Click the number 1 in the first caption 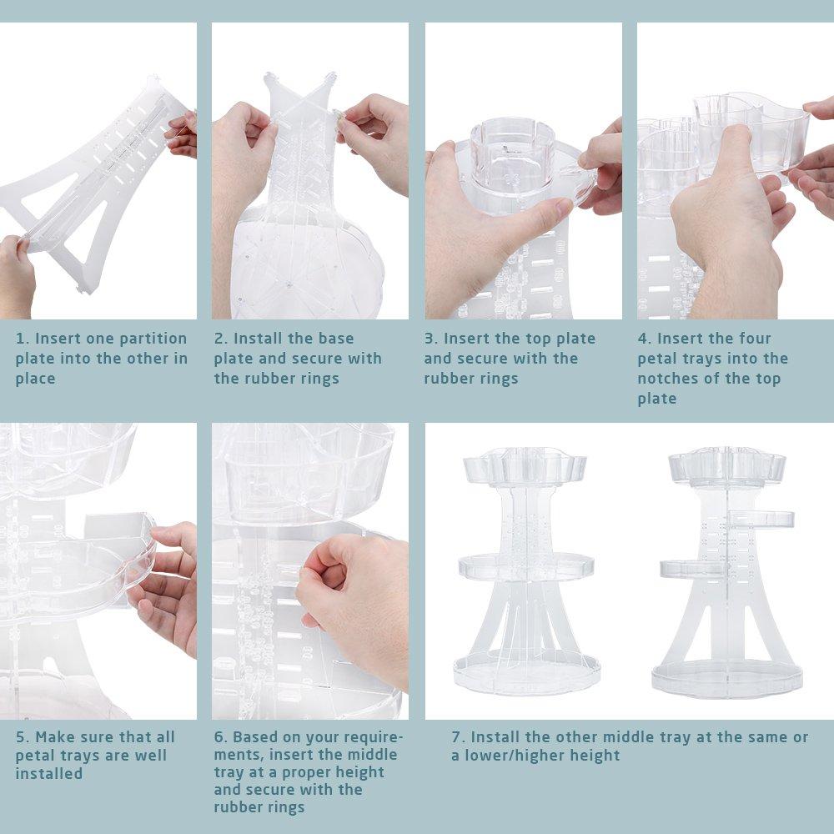coord(19,339)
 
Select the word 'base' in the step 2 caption coord(333,339)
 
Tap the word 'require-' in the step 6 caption coord(371,737)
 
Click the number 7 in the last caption coord(456,737)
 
